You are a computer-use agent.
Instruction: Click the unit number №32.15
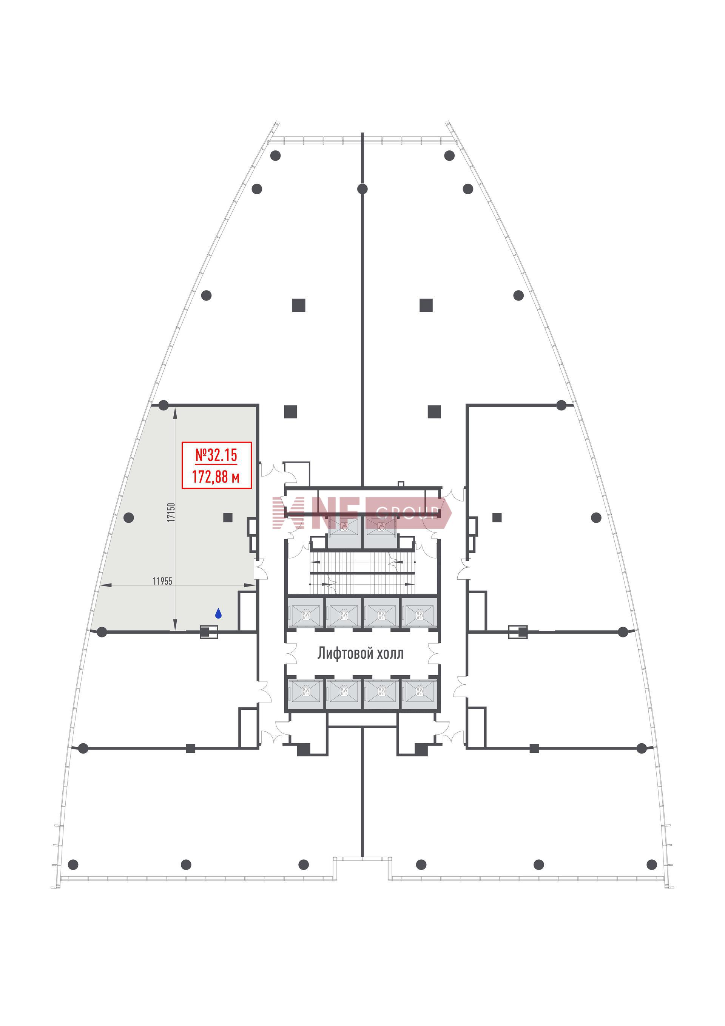tap(216, 455)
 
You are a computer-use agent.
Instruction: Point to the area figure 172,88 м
tap(216, 477)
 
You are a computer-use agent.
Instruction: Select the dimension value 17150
tap(171, 512)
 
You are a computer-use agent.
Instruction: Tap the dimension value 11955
tap(162, 581)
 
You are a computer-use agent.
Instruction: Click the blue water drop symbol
tap(218, 614)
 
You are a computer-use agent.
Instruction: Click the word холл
tap(390, 654)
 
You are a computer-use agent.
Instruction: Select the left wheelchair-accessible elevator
tap(344, 532)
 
